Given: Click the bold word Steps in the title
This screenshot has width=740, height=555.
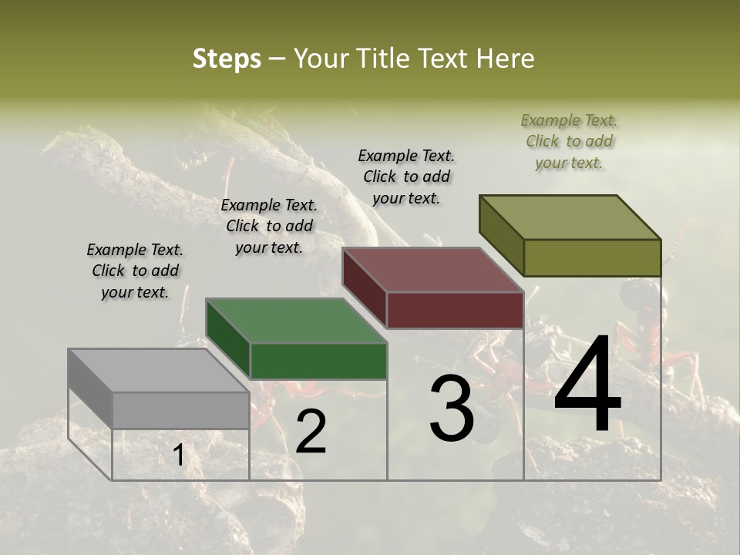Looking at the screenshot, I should coord(227,59).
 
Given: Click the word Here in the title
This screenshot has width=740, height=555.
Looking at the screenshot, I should coord(506,59).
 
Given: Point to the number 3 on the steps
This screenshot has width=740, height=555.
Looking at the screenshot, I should coord(452,409).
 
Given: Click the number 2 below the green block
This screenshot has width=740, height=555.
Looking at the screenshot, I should coord(311,432).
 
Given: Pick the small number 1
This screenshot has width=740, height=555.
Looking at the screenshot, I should coord(178,456).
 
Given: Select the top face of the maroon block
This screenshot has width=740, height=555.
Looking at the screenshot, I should coord(432,270).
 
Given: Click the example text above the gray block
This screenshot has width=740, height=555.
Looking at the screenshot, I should coord(135,271).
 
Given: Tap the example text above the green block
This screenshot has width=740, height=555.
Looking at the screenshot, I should coord(269,226).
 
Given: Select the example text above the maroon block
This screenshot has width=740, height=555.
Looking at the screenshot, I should coord(406,177).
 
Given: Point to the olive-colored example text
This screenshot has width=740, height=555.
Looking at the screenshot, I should coord(569,141).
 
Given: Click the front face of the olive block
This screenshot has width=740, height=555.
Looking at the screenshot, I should coord(592,257).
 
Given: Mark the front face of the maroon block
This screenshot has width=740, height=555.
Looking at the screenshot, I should coord(455,310).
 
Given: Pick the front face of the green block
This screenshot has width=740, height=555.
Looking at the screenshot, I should coord(318,361).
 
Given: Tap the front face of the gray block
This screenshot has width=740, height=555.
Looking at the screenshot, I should coord(180,410).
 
